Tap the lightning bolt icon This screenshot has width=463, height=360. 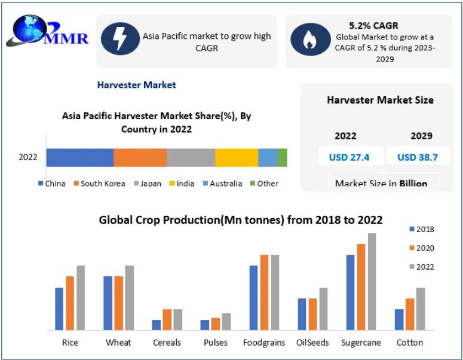(119, 39)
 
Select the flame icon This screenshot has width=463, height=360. (309, 39)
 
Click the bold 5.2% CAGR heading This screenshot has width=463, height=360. (373, 26)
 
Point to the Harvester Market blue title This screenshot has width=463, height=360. (136, 85)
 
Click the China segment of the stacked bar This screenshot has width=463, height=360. (79, 157)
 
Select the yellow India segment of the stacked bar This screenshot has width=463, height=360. (236, 157)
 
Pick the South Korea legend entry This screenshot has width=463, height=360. (99, 184)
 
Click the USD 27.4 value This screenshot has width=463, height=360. (349, 157)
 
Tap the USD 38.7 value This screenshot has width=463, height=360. (418, 157)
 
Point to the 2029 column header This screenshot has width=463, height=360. (421, 136)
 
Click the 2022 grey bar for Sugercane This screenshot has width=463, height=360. (372, 282)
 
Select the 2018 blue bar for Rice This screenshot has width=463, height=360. (59, 309)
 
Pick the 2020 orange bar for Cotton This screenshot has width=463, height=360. (410, 314)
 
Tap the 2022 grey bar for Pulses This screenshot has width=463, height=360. (226, 321)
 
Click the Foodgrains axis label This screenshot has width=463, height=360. (264, 343)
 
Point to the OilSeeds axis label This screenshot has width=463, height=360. (312, 343)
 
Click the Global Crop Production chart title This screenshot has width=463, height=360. (240, 220)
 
